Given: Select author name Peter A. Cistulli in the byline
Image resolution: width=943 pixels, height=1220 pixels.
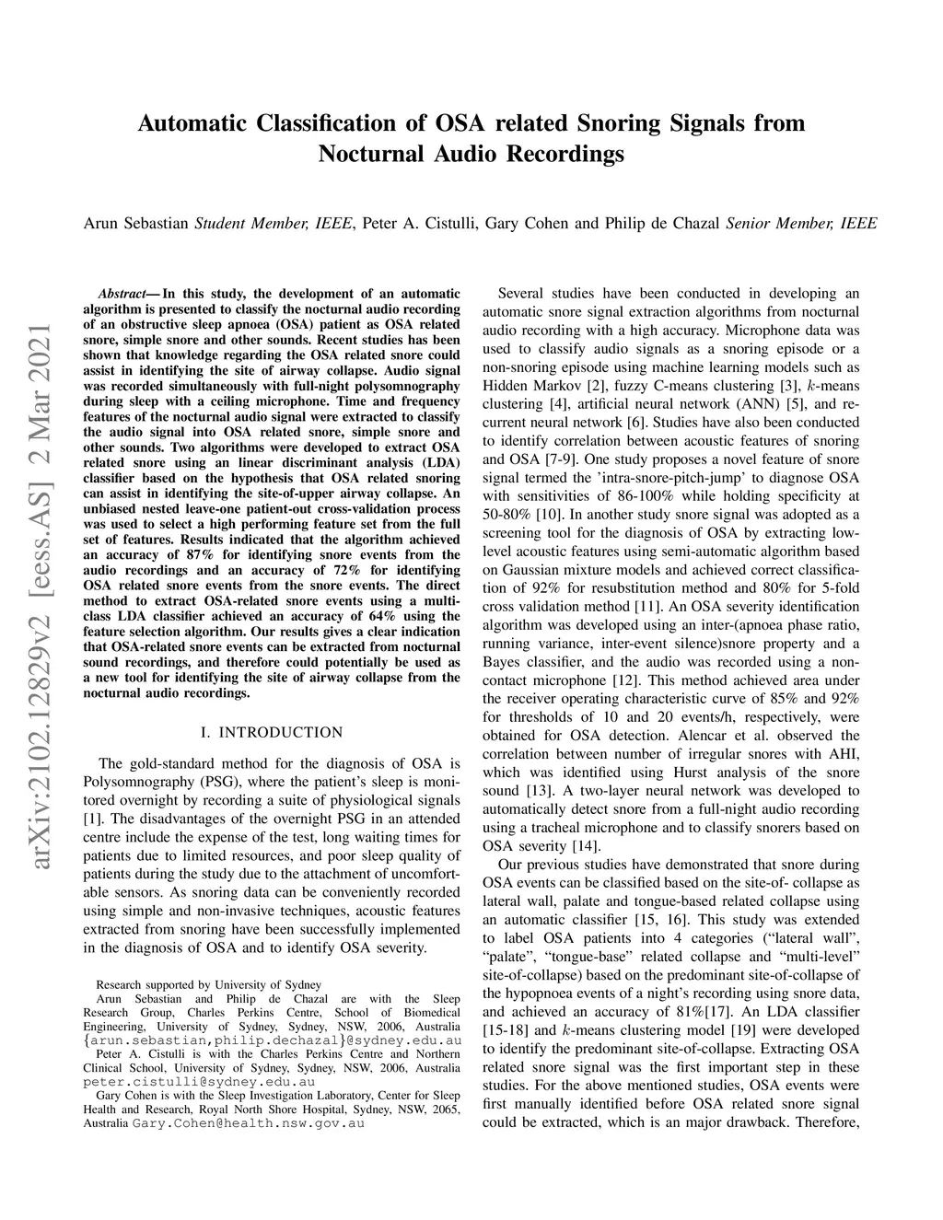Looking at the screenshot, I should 418,223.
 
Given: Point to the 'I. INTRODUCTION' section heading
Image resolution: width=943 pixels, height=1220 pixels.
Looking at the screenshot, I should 271,733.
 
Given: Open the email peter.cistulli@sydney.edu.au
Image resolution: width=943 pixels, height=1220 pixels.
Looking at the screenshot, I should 199,1082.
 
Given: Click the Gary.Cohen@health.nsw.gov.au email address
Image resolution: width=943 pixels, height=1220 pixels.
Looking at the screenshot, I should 248,1124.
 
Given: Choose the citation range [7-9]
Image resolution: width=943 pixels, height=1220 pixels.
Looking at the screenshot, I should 530,459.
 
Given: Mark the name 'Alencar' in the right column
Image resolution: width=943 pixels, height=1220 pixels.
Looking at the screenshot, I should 716,735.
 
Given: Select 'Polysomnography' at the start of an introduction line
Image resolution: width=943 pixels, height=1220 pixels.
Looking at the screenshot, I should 135,781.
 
